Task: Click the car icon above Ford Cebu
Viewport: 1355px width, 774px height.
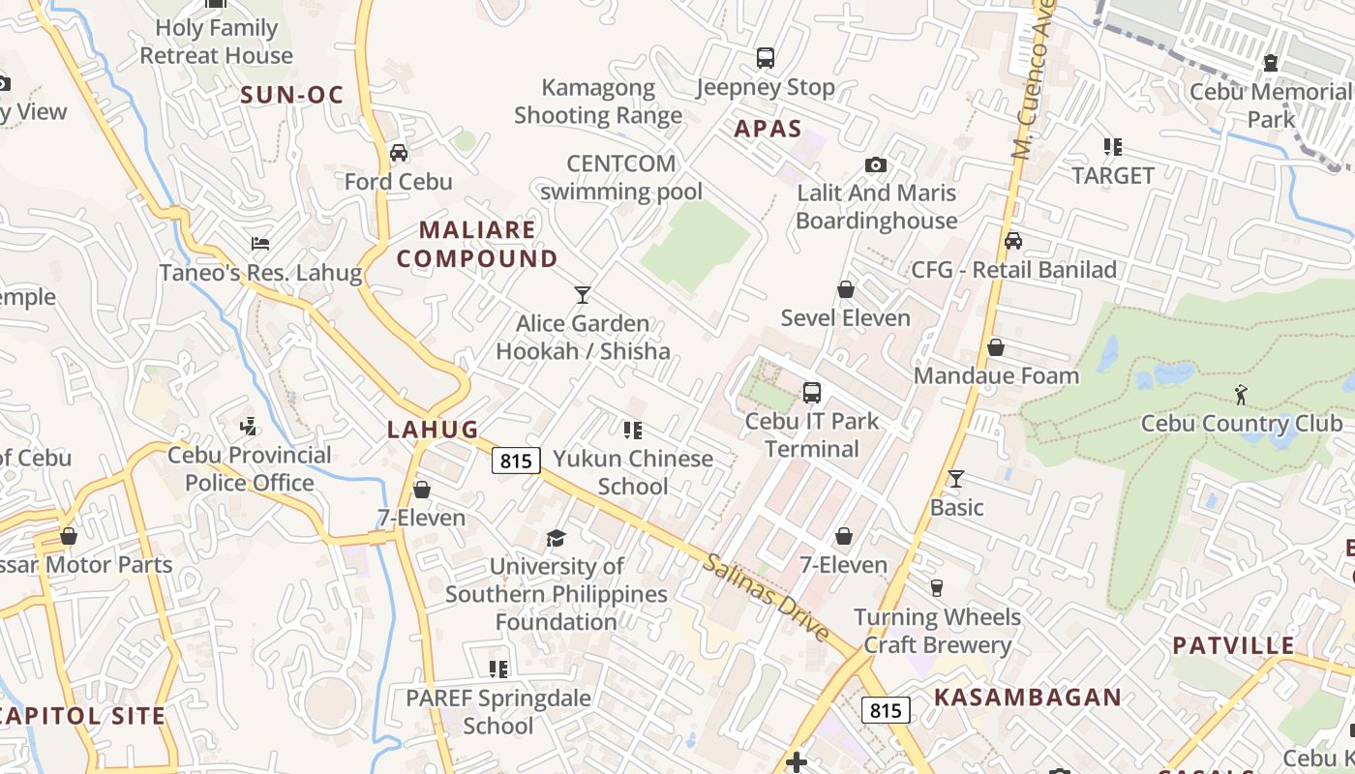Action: tap(398, 153)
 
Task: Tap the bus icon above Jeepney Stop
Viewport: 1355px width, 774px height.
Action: tap(766, 58)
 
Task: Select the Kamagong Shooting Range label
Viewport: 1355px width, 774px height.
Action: tap(598, 102)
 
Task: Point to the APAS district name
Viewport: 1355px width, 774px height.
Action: tap(768, 129)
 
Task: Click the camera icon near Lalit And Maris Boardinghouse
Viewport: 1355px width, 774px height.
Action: tap(876, 165)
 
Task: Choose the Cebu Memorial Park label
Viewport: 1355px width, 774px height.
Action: tap(1270, 105)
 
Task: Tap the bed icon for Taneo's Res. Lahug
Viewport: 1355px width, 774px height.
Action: tap(259, 244)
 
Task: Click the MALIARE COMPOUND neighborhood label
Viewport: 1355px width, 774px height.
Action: tap(477, 244)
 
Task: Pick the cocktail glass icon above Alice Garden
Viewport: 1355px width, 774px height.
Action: tap(582, 295)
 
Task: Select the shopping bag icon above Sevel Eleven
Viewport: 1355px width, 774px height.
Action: tap(846, 289)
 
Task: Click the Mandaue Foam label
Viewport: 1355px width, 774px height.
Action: tap(996, 375)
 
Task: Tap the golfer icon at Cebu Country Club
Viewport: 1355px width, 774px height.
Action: tap(1241, 395)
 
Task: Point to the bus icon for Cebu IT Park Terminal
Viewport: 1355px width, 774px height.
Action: tap(811, 393)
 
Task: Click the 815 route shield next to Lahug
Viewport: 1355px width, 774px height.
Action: tap(515, 461)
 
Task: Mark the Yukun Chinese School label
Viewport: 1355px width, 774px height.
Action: tap(633, 472)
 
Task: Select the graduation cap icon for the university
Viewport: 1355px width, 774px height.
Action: tap(556, 538)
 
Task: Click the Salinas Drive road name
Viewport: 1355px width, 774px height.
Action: tap(767, 596)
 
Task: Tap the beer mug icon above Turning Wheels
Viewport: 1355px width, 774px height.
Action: tap(936, 588)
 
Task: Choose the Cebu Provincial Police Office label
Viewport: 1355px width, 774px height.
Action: tap(250, 468)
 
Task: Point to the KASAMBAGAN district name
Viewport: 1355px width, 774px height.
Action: tap(1028, 697)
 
